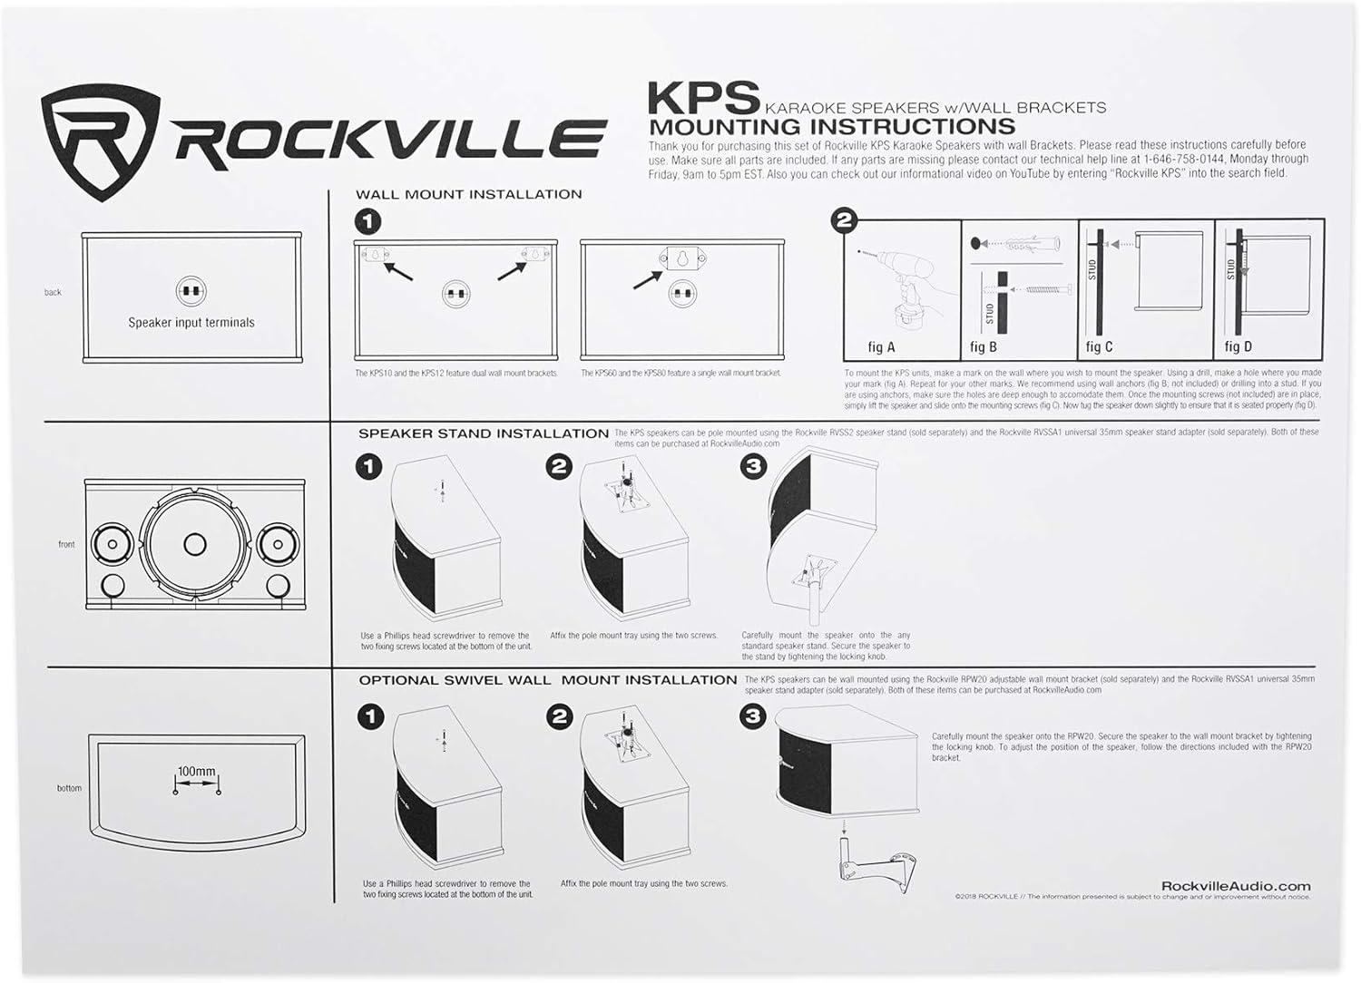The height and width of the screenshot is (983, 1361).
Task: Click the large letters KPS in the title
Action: point(703,97)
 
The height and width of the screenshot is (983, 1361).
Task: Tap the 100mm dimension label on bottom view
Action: point(196,772)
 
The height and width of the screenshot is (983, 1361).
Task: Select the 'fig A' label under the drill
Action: point(881,346)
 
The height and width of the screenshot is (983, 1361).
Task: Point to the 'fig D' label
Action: point(1238,346)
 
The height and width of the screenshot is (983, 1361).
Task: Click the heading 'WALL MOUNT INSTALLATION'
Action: point(468,194)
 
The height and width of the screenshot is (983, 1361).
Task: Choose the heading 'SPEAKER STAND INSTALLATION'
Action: point(484,433)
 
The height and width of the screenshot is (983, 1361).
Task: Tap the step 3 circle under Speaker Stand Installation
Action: point(754,467)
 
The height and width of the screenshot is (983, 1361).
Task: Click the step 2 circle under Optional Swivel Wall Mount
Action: point(559,717)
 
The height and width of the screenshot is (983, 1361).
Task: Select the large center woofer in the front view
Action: point(194,543)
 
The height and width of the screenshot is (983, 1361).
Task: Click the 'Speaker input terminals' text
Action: point(191,322)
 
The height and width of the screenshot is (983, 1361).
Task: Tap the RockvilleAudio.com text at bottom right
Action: point(1236,886)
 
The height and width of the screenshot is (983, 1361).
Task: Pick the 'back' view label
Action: point(53,292)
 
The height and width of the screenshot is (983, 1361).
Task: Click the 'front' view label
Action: point(66,544)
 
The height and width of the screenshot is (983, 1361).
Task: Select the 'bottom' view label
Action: point(69,788)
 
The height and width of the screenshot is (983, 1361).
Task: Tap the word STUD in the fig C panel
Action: point(1092,270)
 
